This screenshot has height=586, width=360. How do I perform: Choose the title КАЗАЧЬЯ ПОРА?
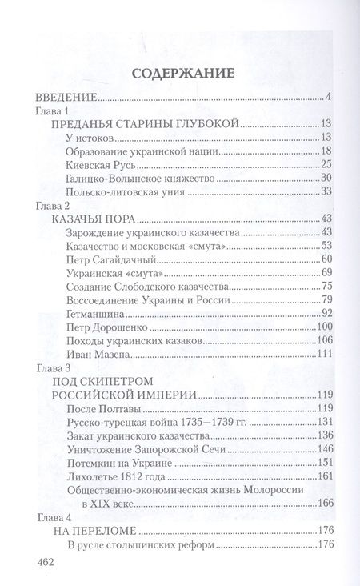90,218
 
